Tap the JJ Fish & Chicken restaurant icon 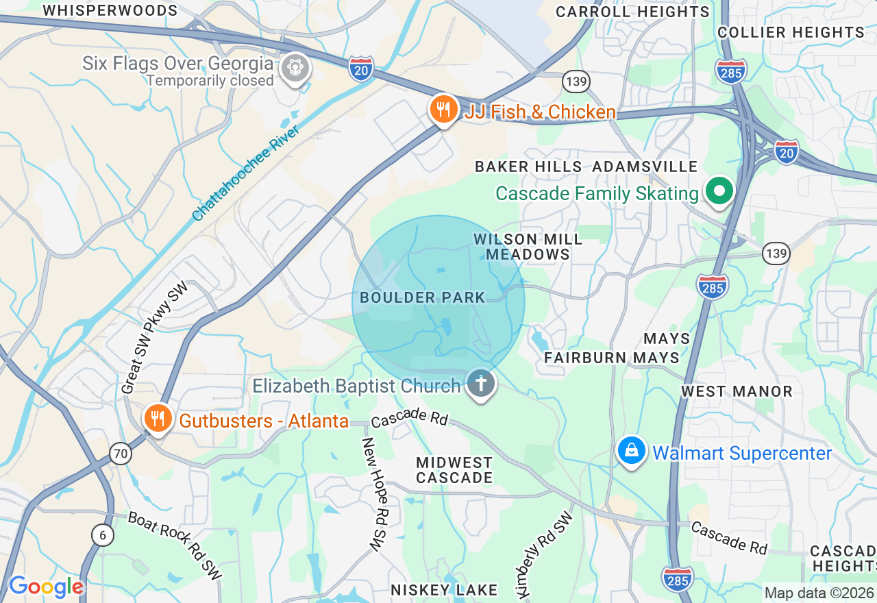(x=443, y=109)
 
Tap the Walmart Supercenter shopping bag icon (x=632, y=451)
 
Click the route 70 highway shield (x=121, y=453)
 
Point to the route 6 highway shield (x=101, y=535)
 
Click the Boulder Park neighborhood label (x=422, y=298)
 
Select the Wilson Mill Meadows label (x=528, y=247)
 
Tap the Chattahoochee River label (x=246, y=173)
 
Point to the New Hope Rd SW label (x=372, y=494)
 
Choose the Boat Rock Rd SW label (x=175, y=545)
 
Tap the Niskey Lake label (x=444, y=590)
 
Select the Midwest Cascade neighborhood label (x=454, y=471)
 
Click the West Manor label (x=737, y=391)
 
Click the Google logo (x=46, y=587)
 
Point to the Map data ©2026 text (x=819, y=593)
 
